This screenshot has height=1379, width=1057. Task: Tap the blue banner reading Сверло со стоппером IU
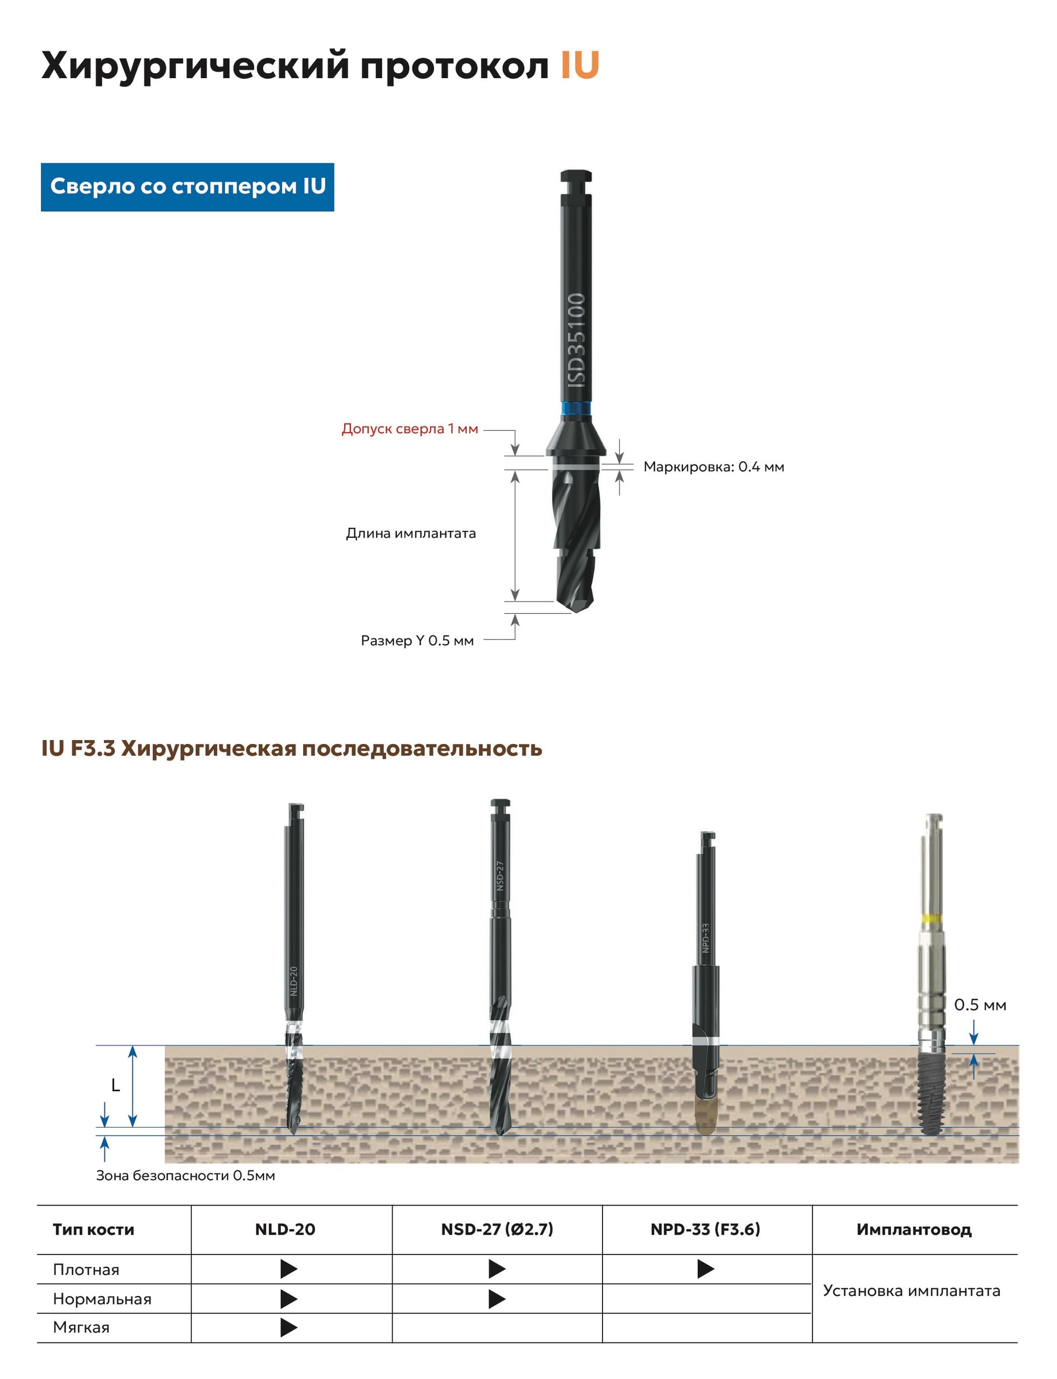[x=187, y=187]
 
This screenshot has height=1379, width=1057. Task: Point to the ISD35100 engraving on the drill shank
[x=576, y=340]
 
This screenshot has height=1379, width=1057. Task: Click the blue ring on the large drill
[x=576, y=409]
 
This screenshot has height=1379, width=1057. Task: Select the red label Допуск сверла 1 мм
[x=410, y=429]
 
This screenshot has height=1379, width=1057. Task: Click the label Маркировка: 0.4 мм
[x=713, y=466]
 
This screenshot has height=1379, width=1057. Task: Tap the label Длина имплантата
[x=411, y=533]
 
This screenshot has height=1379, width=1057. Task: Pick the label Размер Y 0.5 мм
[x=417, y=640]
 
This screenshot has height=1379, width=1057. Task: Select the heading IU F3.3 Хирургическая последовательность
[x=291, y=748]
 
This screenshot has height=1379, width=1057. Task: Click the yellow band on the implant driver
[x=931, y=918]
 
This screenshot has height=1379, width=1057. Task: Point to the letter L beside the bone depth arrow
[x=115, y=1085]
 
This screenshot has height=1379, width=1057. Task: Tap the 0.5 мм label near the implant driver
[x=979, y=1005]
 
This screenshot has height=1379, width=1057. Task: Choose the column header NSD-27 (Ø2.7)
[x=497, y=1229]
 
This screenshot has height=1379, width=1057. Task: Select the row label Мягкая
[x=81, y=1327]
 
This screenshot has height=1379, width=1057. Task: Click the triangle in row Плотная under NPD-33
[x=706, y=1269]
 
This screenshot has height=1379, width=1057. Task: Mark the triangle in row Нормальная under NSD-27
[x=497, y=1298]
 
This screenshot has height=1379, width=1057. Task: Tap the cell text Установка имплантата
[x=912, y=1290]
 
